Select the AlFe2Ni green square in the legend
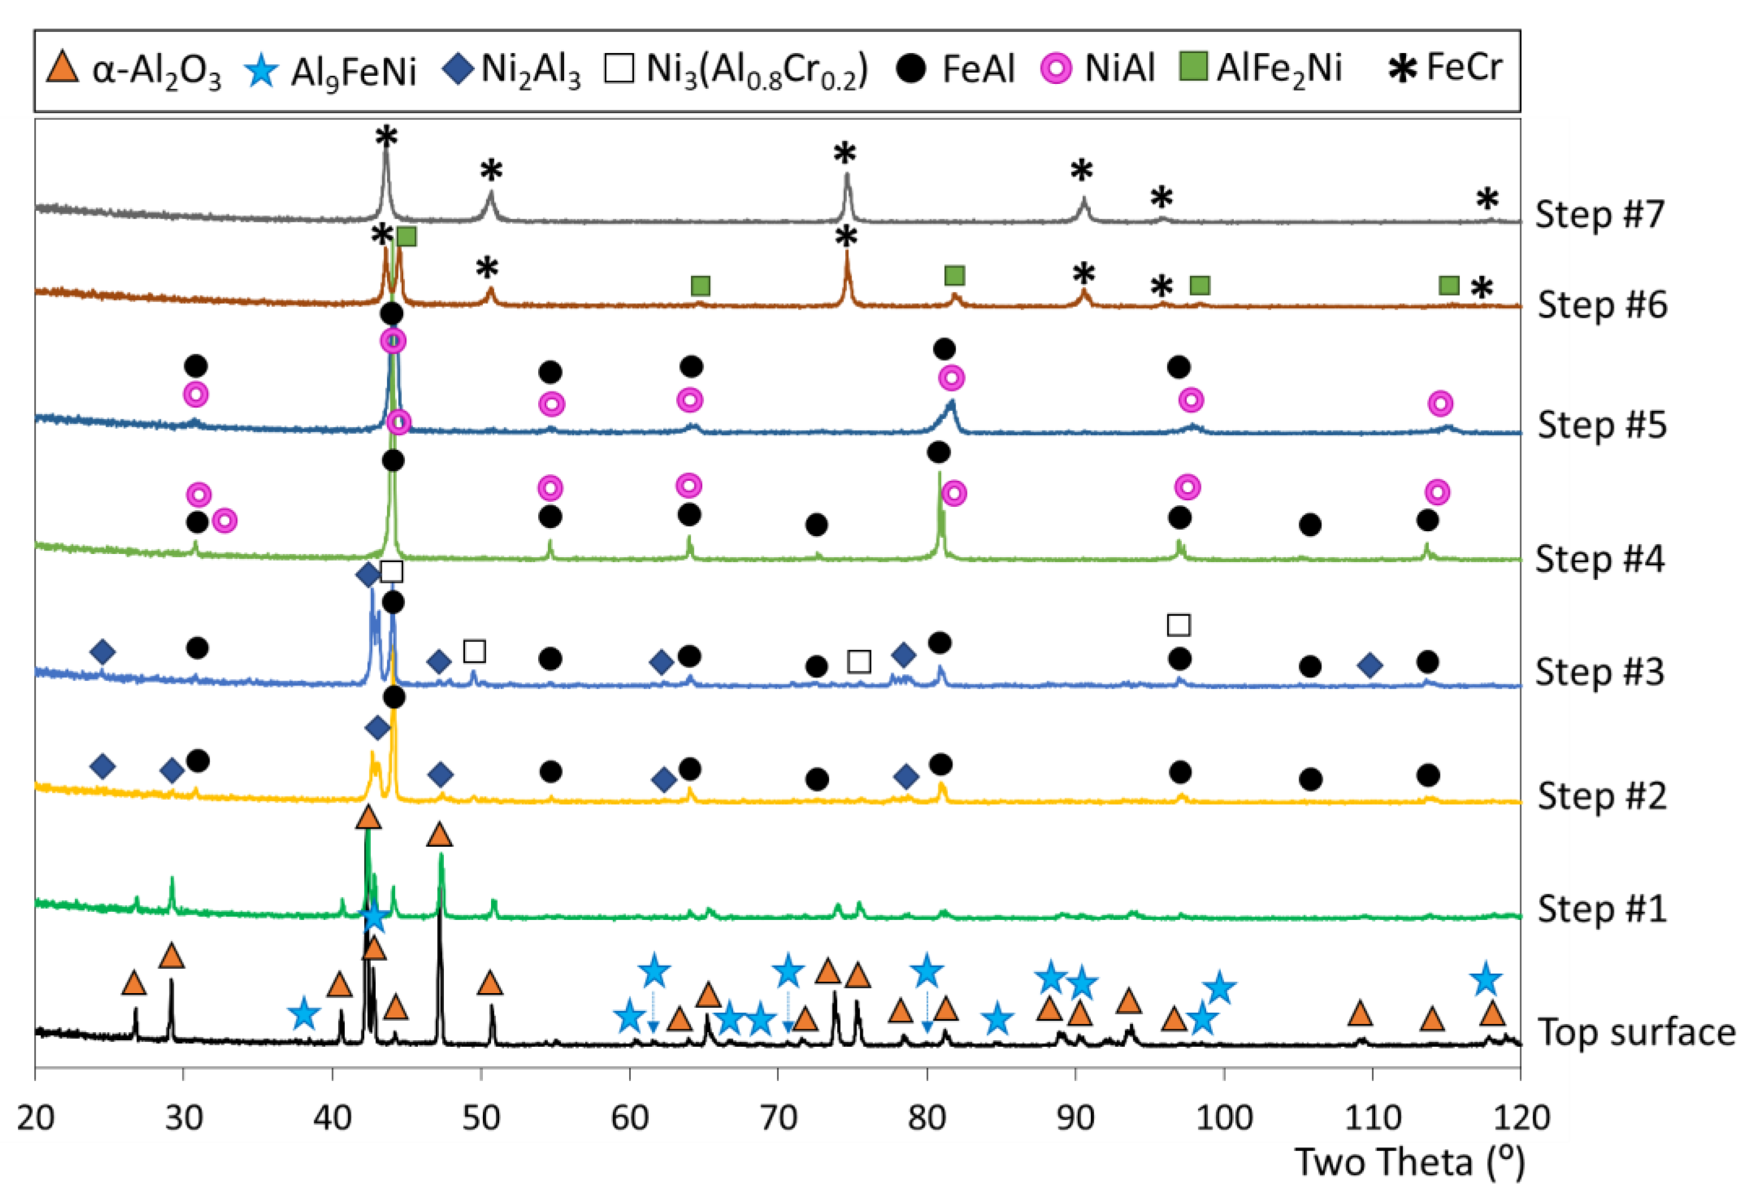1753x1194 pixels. click(x=1193, y=67)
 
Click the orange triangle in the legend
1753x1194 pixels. click(x=62, y=67)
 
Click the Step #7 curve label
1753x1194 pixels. click(x=1599, y=215)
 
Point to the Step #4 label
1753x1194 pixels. click(x=1599, y=560)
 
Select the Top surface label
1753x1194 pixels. click(x=1636, y=1032)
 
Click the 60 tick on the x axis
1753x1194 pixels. click(x=629, y=1117)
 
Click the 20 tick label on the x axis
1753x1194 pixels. click(x=35, y=1117)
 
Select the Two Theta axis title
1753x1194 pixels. click(x=1409, y=1162)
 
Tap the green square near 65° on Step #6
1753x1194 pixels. click(x=700, y=286)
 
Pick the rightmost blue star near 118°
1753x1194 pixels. click(x=1485, y=979)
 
